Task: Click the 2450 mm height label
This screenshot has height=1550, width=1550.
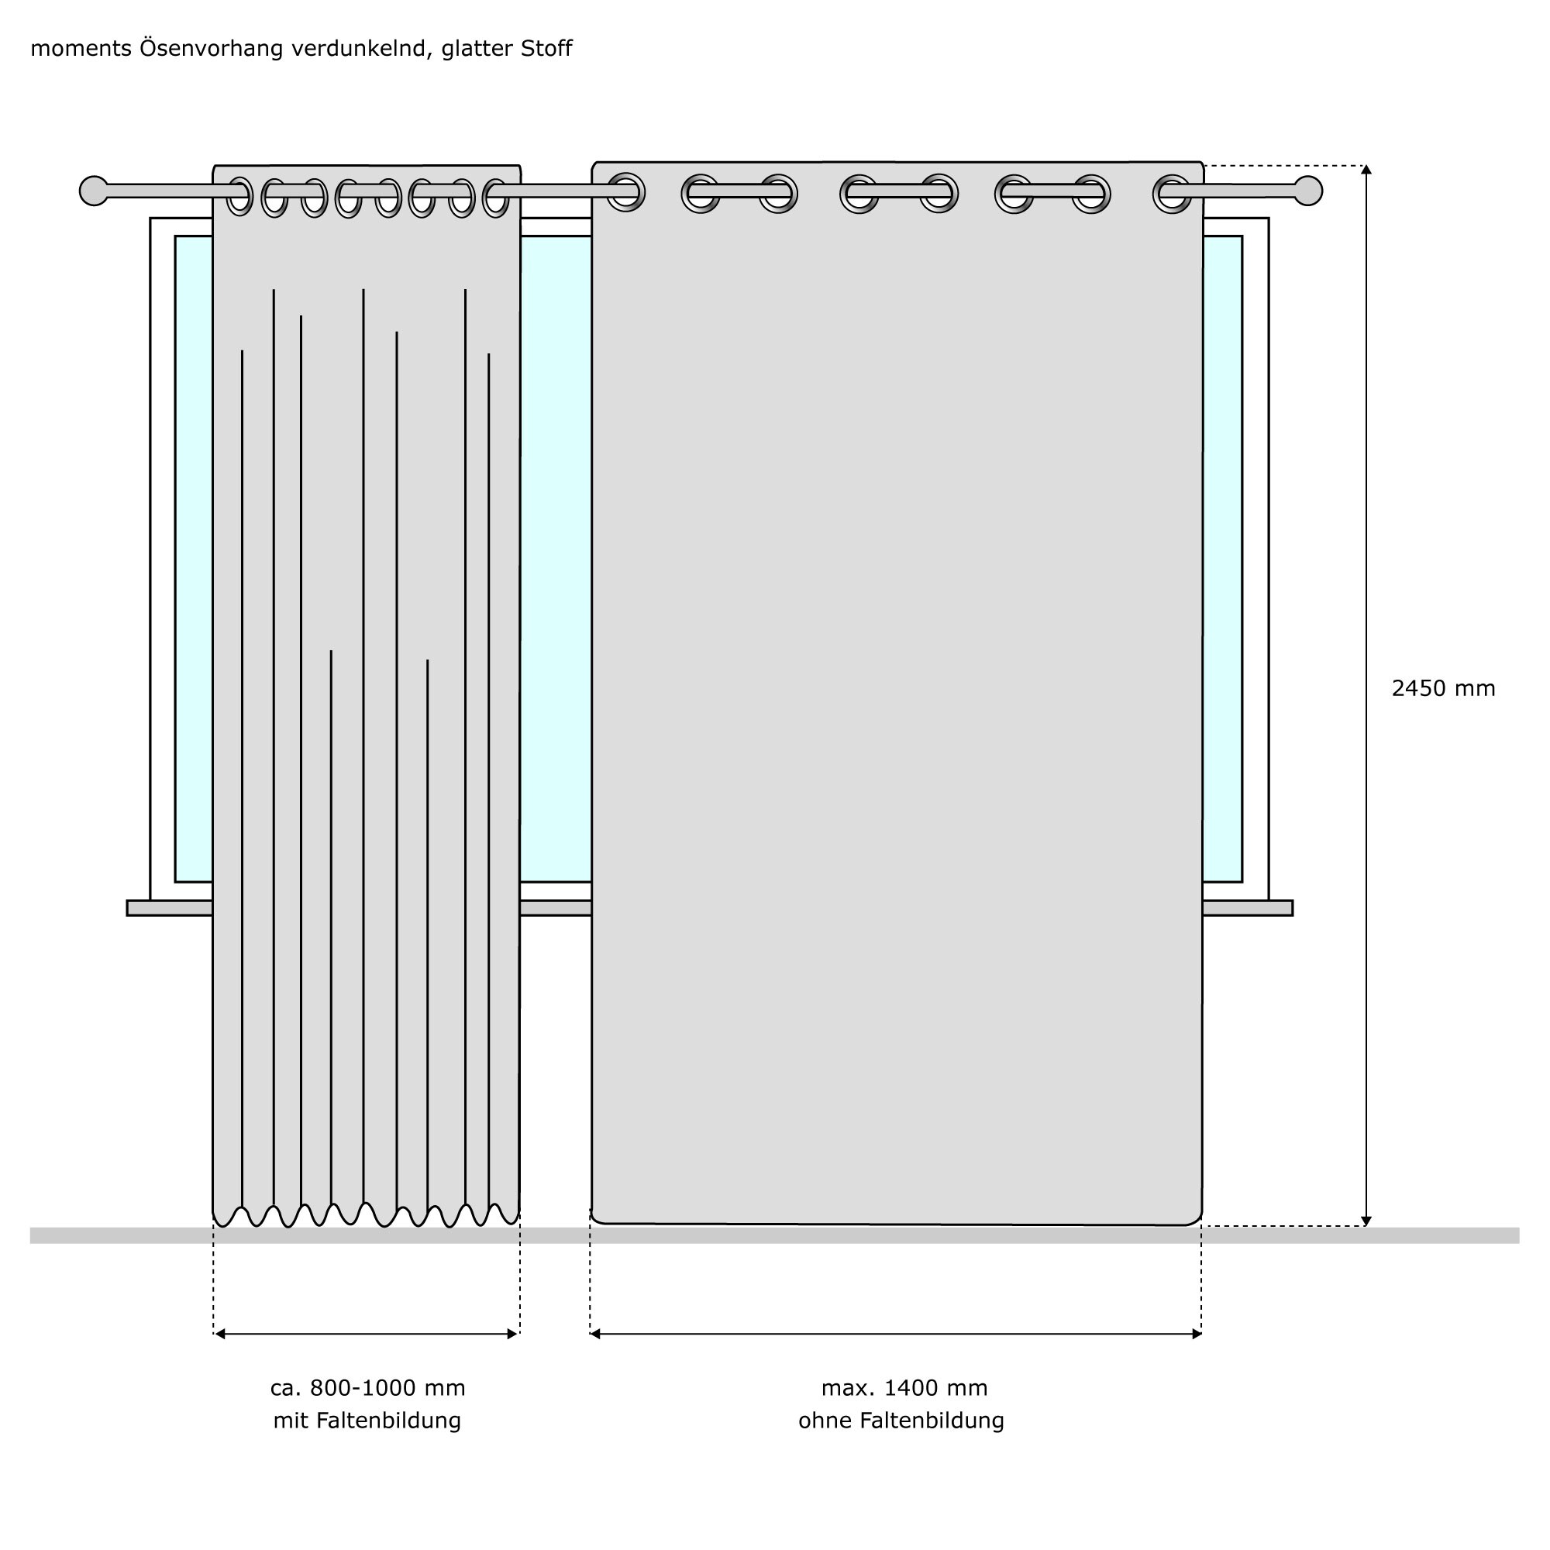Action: click(x=1443, y=689)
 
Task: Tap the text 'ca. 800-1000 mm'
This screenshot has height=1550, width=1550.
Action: click(x=367, y=1388)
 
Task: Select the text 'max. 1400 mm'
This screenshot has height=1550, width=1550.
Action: click(x=904, y=1388)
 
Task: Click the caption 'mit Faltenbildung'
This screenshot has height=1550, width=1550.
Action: click(x=367, y=1421)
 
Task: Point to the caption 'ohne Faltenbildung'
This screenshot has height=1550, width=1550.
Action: click(x=901, y=1421)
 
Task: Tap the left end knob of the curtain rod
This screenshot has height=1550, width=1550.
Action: click(x=94, y=191)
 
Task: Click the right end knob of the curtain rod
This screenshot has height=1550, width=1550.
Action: click(x=1307, y=191)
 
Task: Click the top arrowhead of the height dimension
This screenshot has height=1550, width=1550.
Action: click(x=1366, y=170)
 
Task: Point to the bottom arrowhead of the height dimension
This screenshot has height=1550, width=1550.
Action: click(x=1366, y=1221)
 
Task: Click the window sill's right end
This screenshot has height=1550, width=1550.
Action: click(x=1290, y=908)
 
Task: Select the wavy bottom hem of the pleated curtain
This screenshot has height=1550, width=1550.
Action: click(x=366, y=1216)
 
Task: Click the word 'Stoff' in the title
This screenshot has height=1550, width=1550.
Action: click(x=546, y=49)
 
